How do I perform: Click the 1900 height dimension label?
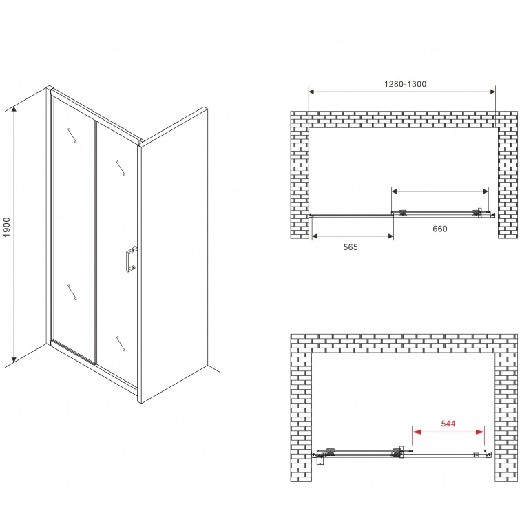(x=7, y=227)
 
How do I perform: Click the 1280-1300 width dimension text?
(x=405, y=84)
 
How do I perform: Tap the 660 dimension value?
(x=440, y=229)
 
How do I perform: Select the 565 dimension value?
(x=351, y=247)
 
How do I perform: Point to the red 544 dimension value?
(x=448, y=424)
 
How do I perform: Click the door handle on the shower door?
(x=131, y=259)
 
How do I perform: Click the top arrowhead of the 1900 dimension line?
(x=14, y=109)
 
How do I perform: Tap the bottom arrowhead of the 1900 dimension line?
(x=14, y=359)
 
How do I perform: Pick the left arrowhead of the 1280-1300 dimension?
(x=312, y=92)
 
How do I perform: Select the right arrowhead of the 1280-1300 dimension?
(x=492, y=92)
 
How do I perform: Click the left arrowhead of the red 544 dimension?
(x=416, y=432)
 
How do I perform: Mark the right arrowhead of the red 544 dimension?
(x=481, y=432)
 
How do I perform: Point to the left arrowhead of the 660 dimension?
(x=395, y=191)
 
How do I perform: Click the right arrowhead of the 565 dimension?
(x=390, y=236)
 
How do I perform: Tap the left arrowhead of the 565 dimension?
(x=315, y=236)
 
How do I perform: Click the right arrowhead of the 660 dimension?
(x=485, y=191)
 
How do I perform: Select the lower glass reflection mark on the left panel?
(x=72, y=292)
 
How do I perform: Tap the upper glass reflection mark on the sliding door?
(x=121, y=168)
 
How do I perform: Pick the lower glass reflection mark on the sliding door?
(x=121, y=343)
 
